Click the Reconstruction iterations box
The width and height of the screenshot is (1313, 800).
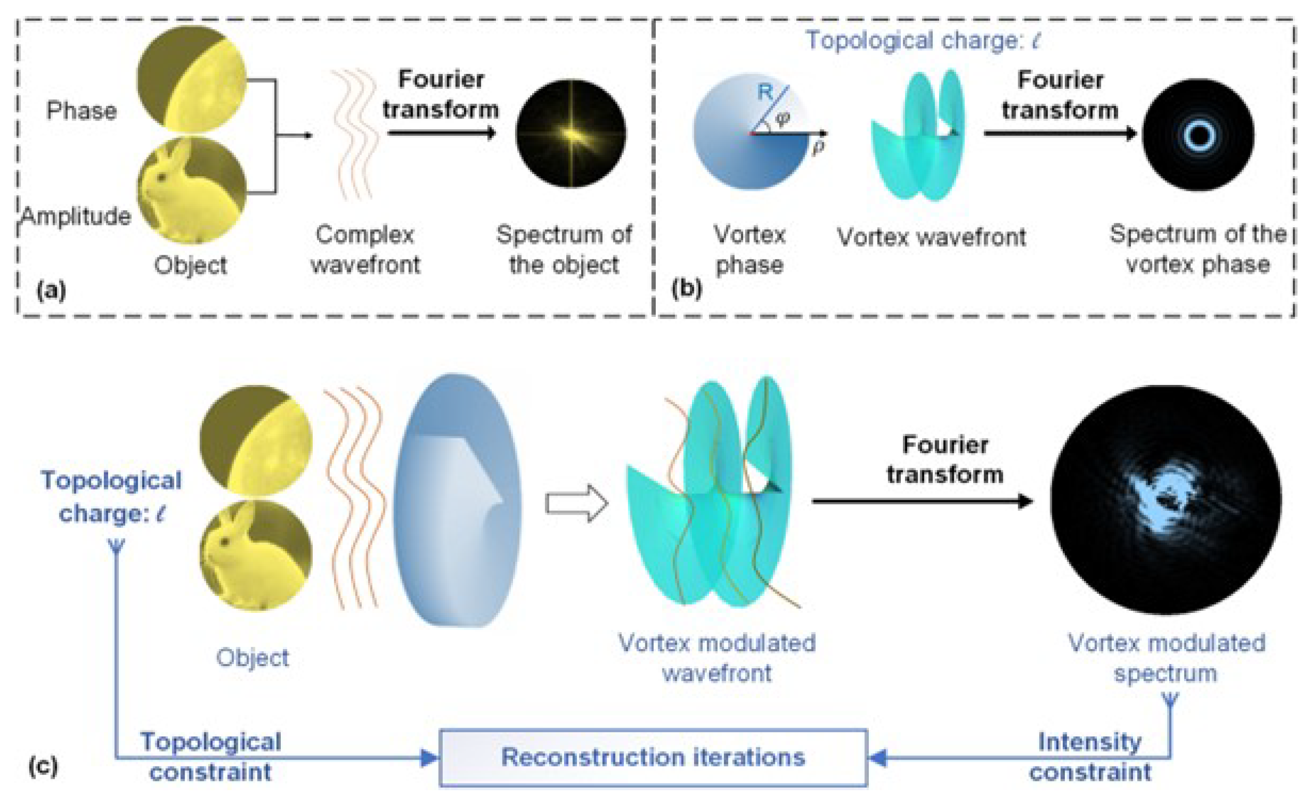click(653, 758)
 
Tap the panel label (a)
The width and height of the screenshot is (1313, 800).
click(51, 291)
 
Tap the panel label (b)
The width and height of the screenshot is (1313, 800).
click(686, 288)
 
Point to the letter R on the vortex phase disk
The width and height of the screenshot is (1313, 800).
click(765, 92)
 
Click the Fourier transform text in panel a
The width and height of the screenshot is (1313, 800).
click(441, 95)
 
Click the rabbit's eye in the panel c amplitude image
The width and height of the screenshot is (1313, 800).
click(224, 542)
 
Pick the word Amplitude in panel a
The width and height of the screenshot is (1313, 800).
click(76, 216)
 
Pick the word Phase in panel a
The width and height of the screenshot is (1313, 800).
click(82, 111)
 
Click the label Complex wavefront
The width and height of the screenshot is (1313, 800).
click(366, 249)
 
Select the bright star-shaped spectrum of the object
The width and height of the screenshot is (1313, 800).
click(571, 133)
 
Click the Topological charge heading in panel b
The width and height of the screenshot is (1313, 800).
click(922, 40)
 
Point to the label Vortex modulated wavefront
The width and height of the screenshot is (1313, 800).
click(717, 658)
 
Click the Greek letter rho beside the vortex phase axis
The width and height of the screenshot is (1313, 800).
click(819, 146)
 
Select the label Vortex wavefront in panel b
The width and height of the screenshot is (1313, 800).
click(931, 237)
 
